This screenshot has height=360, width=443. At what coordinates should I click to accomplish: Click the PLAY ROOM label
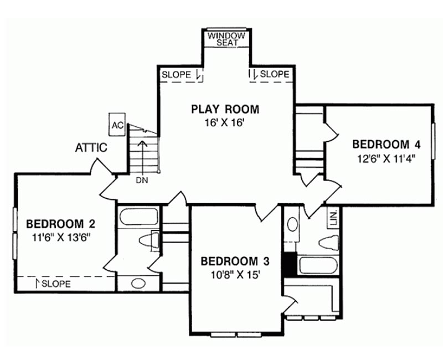(225, 109)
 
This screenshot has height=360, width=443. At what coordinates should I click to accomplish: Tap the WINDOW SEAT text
(226, 39)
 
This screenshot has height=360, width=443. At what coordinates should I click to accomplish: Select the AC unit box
(117, 125)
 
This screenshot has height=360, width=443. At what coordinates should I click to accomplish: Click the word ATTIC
(91, 147)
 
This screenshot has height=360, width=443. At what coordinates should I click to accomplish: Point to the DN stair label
(142, 181)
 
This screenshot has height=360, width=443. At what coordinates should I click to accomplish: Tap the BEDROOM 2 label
(61, 224)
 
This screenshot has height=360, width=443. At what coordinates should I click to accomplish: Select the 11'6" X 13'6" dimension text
(61, 238)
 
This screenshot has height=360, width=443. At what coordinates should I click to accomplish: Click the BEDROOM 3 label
(235, 261)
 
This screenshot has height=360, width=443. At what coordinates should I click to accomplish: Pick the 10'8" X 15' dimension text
(235, 275)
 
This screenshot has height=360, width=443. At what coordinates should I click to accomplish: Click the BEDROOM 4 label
(387, 145)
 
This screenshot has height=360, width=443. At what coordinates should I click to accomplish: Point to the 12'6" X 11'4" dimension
(387, 158)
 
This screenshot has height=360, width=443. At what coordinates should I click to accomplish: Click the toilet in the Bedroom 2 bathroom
(149, 241)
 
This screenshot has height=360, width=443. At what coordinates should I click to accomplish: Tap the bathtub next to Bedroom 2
(139, 217)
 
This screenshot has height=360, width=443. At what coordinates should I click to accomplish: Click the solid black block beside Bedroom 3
(290, 265)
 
